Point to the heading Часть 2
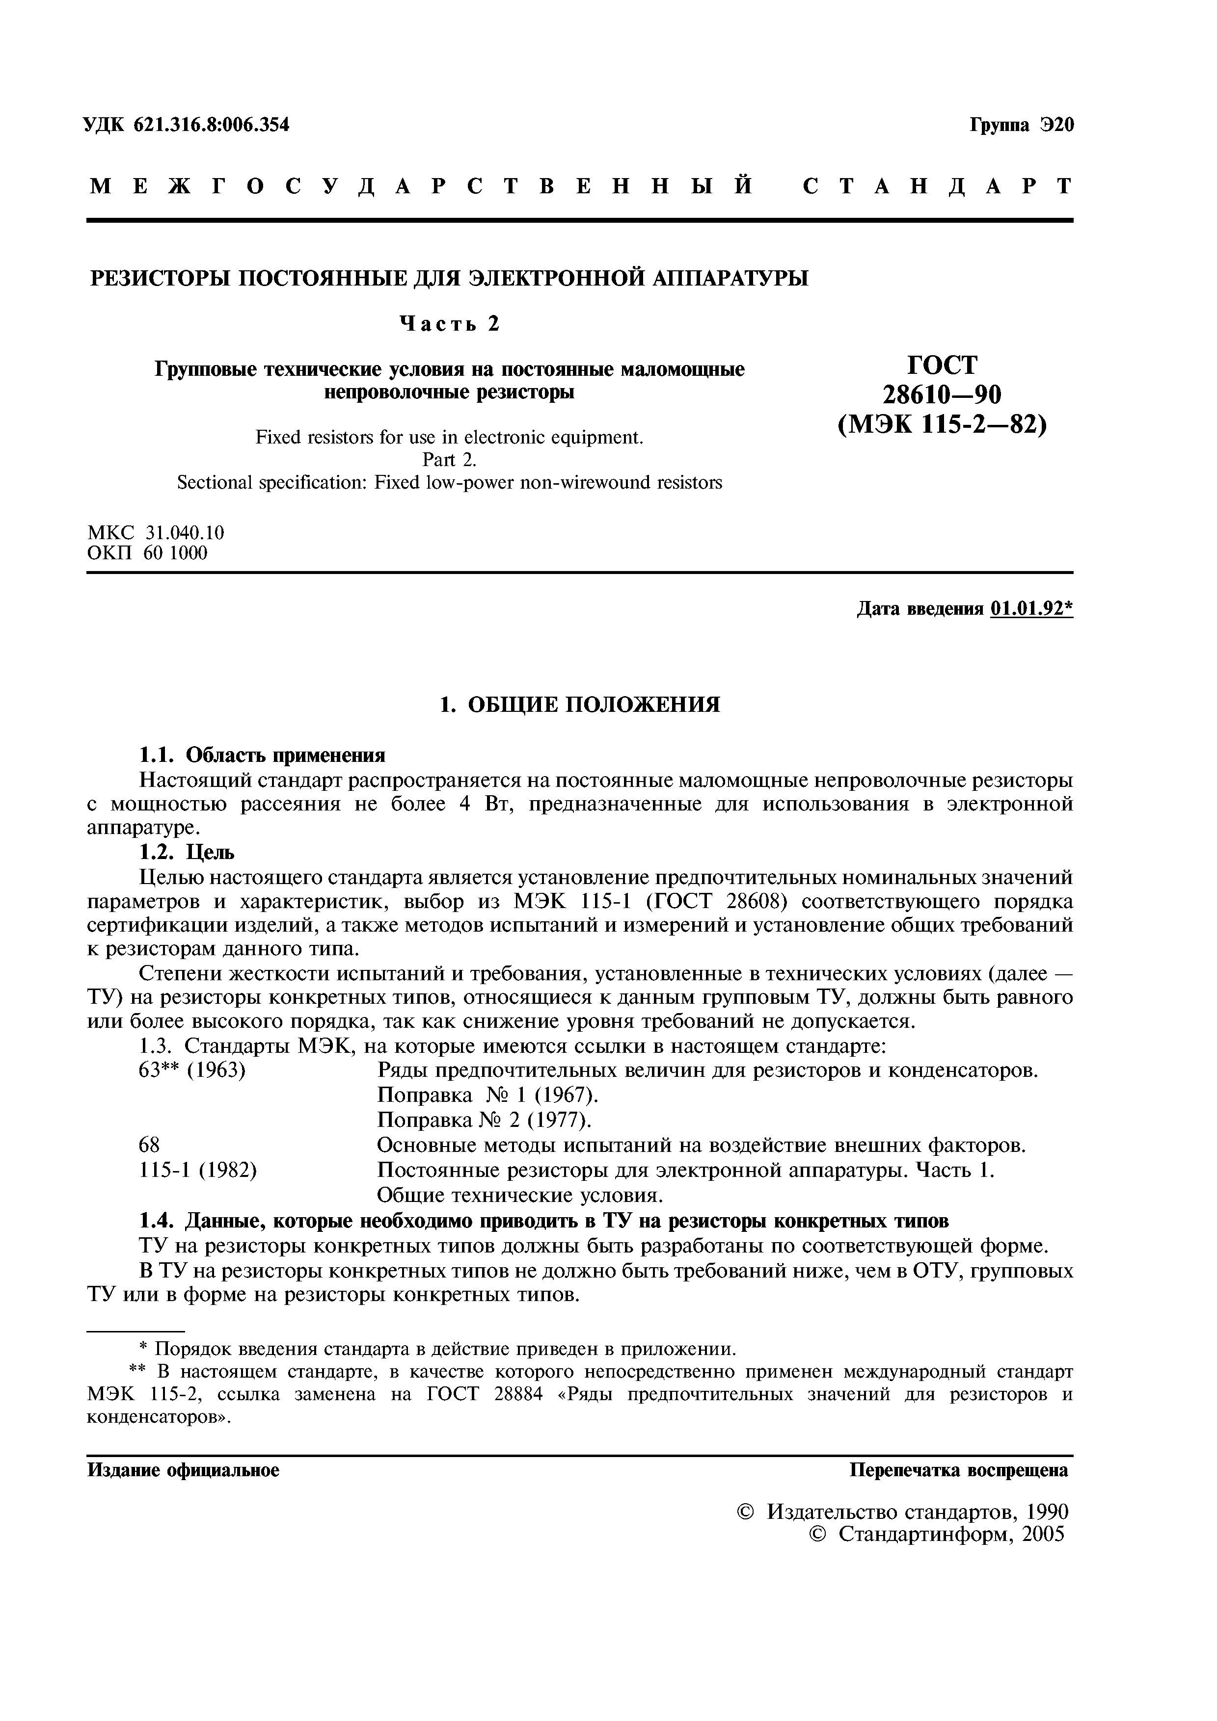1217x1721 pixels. point(449,323)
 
